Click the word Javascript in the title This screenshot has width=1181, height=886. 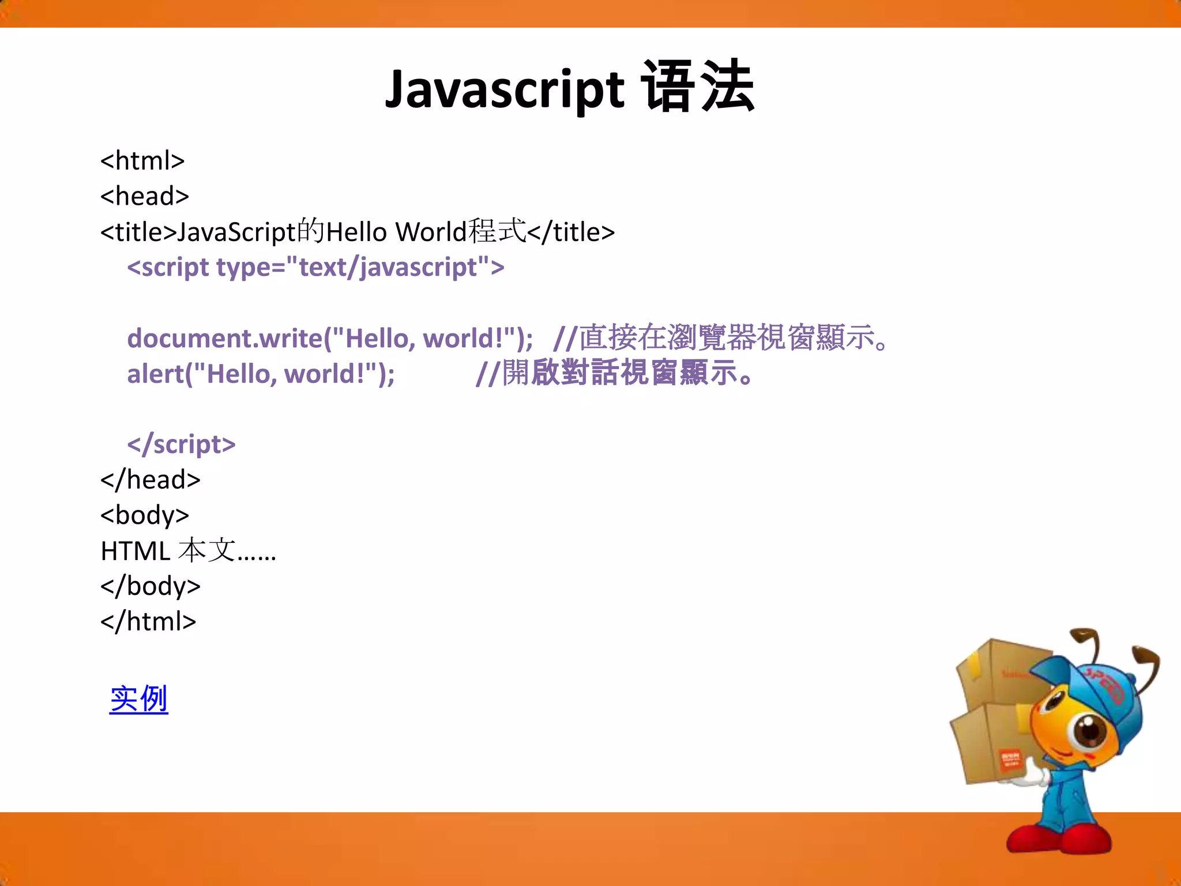click(x=505, y=89)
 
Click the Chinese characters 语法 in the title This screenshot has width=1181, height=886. click(x=698, y=88)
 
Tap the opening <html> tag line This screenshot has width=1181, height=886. click(x=142, y=161)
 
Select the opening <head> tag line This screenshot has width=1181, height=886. click(x=145, y=197)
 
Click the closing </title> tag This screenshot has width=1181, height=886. click(x=571, y=232)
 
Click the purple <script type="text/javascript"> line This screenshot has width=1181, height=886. click(x=315, y=268)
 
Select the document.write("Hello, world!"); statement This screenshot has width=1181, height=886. click(x=329, y=339)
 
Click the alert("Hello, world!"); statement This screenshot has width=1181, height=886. click(x=261, y=374)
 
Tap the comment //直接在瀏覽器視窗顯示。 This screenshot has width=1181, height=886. click(x=721, y=337)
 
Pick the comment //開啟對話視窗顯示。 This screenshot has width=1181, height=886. click(x=614, y=373)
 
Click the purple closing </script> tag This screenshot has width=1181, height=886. click(x=181, y=445)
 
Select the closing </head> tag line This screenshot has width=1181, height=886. click(x=150, y=480)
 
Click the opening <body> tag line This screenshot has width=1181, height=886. click(x=145, y=515)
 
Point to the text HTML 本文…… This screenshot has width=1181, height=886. click(x=188, y=551)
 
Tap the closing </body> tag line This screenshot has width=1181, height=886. click(x=150, y=586)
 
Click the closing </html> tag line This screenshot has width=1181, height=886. click(x=148, y=622)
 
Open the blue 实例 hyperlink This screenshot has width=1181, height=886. click(x=138, y=699)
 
